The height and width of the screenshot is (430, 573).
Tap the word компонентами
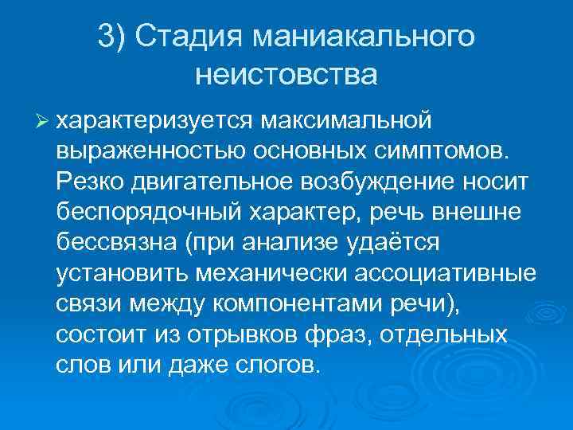point(302,303)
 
